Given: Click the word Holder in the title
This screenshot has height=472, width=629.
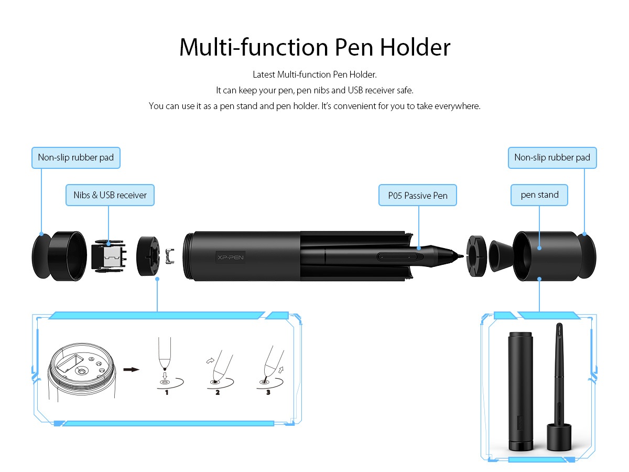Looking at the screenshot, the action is (415, 47).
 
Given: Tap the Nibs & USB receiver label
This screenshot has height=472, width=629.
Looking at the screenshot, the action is (110, 195).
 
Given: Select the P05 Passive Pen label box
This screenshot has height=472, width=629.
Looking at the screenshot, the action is (418, 196).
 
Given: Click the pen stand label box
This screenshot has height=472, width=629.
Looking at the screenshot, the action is (539, 195).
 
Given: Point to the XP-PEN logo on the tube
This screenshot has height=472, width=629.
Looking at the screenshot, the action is (231, 257).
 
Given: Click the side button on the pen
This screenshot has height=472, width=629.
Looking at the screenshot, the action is (397, 256).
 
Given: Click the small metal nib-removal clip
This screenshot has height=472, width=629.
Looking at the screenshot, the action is (170, 256).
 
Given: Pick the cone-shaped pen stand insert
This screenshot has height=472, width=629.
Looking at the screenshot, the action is (501, 256).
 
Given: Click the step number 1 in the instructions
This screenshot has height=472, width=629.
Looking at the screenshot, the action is (167, 392).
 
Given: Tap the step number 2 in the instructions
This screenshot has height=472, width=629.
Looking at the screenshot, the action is (218, 392).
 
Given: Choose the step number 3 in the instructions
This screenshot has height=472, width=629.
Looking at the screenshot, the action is (268, 392).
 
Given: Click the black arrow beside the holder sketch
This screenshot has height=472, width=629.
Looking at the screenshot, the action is (131, 369).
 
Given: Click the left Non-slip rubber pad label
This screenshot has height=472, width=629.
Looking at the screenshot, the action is (76, 158).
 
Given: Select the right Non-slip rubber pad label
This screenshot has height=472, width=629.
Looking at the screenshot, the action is (552, 158).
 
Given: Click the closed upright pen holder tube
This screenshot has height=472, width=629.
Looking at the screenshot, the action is (520, 391).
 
